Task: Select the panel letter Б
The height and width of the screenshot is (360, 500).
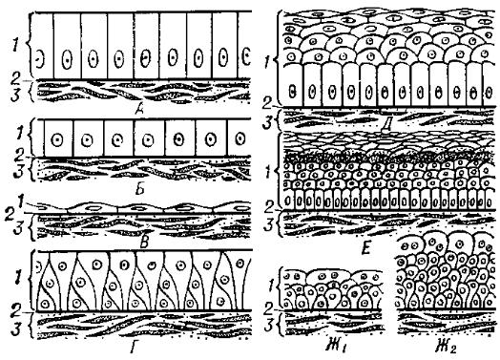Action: [x=139, y=189]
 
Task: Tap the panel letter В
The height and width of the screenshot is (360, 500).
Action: [x=144, y=244]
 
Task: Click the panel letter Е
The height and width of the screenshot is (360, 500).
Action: [x=365, y=248]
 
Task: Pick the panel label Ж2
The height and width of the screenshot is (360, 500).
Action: [x=446, y=347]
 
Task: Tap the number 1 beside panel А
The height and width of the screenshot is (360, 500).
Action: [x=14, y=46]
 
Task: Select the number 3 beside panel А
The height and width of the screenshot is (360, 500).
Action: [x=15, y=95]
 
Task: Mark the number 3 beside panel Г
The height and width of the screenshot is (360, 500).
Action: [x=16, y=329]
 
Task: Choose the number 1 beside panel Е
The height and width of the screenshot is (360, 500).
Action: [x=269, y=173]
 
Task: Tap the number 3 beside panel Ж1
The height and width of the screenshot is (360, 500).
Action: [x=270, y=326]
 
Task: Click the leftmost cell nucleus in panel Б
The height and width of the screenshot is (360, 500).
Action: [x=57, y=139]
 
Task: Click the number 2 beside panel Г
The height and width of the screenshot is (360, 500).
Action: [x=15, y=309]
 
